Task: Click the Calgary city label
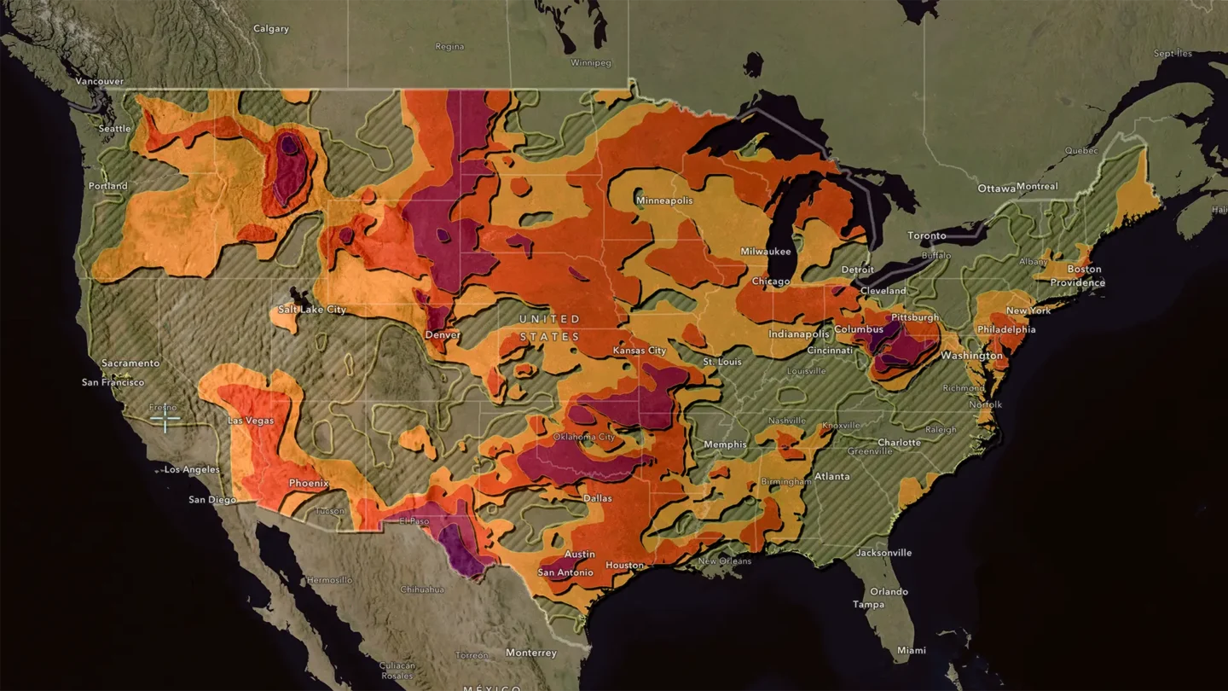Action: [x=271, y=29]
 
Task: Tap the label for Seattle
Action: [x=114, y=129]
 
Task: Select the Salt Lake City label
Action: [x=312, y=310]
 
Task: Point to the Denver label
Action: [x=443, y=335]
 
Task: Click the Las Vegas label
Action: [x=250, y=421]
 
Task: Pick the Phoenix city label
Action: [x=309, y=483]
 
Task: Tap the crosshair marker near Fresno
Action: [x=165, y=418]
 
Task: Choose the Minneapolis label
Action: [x=664, y=200]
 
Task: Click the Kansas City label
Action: [x=640, y=351]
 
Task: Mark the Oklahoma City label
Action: [x=584, y=438]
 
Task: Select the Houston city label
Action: [x=625, y=566]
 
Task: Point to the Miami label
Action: [x=911, y=650]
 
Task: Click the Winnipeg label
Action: [x=592, y=63]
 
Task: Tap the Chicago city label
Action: [x=771, y=282]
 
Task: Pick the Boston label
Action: [x=1085, y=270]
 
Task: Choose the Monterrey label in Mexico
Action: [x=530, y=653]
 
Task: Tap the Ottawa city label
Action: [x=996, y=188]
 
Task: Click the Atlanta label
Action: [x=831, y=476]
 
